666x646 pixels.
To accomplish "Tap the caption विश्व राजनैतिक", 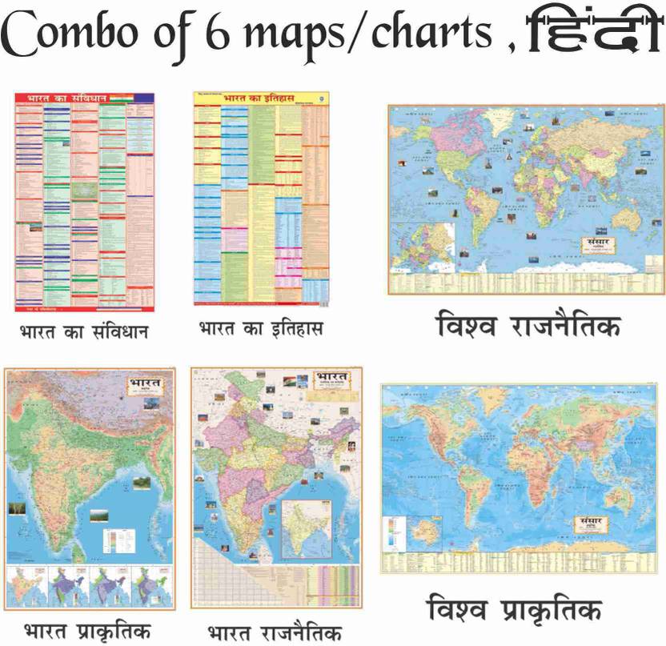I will click(x=528, y=327).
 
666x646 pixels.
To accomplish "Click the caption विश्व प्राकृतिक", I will click(x=516, y=613).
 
